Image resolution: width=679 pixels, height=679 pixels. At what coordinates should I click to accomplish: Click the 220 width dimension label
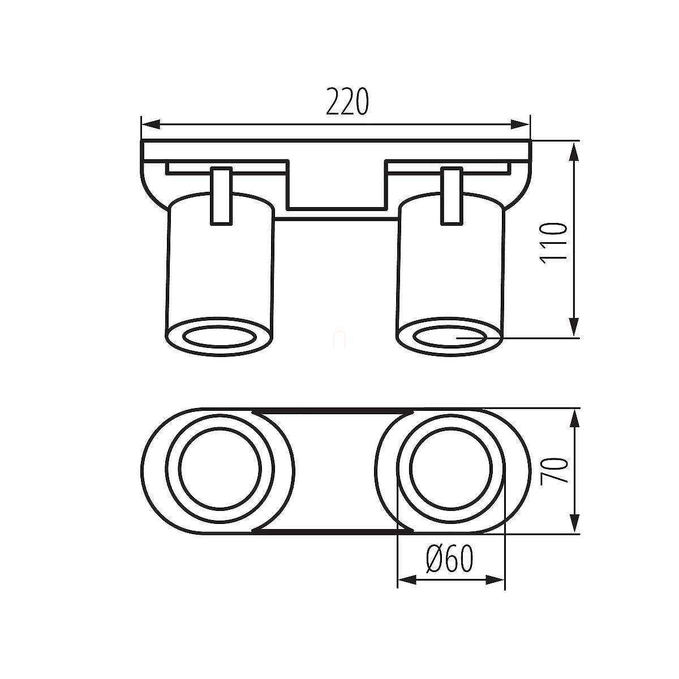[347, 101]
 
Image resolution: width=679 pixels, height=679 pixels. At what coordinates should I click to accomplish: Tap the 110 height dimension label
[553, 243]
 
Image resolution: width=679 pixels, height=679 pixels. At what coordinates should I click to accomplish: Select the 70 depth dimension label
[555, 470]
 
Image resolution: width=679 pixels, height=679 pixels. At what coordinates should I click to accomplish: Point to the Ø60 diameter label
[450, 559]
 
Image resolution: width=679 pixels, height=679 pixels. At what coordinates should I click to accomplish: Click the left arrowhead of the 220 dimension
[151, 124]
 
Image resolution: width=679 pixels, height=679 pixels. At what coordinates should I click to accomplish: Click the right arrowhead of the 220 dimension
[520, 124]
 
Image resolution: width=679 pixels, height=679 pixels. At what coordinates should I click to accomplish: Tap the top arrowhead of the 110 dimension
[574, 152]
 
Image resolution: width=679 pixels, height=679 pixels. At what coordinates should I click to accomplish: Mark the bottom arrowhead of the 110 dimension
[574, 326]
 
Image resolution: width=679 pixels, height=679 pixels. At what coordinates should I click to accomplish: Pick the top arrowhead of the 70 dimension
[574, 419]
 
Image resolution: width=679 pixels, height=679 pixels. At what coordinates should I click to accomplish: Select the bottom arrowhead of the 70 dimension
[574, 523]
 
